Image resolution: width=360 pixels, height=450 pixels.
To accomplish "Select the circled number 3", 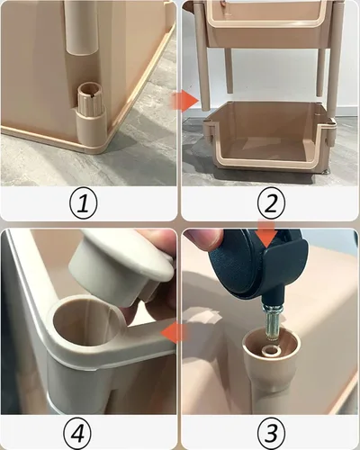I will tap(269, 429).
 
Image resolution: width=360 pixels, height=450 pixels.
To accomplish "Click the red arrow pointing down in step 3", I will tap(266, 237).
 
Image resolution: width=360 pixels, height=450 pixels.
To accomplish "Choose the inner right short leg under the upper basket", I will tap(320, 70).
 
